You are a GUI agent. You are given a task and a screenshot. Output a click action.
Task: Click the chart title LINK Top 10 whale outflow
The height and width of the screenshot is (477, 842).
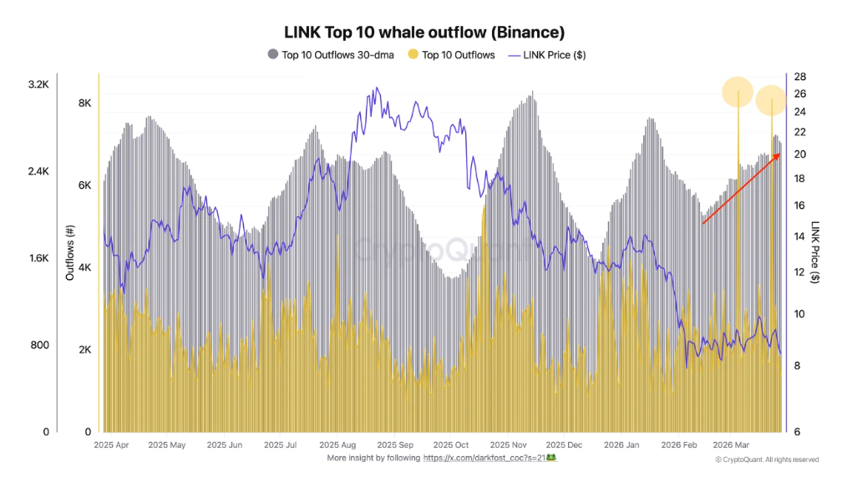pyautogui.click(x=424, y=33)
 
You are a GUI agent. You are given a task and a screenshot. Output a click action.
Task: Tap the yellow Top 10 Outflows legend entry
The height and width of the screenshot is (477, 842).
pyautogui.click(x=451, y=55)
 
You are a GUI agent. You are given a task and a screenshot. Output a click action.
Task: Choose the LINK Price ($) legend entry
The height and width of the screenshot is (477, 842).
pyautogui.click(x=546, y=55)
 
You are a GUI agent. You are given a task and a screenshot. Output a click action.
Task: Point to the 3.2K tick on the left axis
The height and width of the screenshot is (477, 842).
pyautogui.click(x=38, y=84)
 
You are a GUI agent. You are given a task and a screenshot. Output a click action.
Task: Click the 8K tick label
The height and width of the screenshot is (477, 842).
pyautogui.click(x=84, y=103)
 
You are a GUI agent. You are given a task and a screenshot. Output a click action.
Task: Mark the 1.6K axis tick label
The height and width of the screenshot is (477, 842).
pyautogui.click(x=38, y=258)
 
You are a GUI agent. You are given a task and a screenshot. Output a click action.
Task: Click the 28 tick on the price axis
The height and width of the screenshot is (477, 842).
pyautogui.click(x=799, y=76)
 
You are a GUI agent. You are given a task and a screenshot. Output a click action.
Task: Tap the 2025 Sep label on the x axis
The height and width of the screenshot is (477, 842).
pyautogui.click(x=394, y=445)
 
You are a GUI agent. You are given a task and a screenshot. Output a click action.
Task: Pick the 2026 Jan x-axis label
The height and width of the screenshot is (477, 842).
pyautogui.click(x=621, y=445)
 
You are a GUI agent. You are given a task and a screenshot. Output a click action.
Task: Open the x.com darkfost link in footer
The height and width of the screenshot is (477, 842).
pyautogui.click(x=489, y=458)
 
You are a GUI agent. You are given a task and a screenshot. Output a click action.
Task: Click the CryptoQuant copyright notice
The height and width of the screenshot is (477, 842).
pyautogui.click(x=767, y=459)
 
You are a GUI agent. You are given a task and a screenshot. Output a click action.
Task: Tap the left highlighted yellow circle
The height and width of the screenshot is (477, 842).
pyautogui.click(x=738, y=92)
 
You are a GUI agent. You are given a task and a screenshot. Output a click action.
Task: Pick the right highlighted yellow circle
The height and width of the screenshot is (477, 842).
pyautogui.click(x=771, y=101)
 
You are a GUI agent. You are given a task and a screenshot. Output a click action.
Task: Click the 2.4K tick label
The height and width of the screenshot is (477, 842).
pyautogui.click(x=38, y=171)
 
